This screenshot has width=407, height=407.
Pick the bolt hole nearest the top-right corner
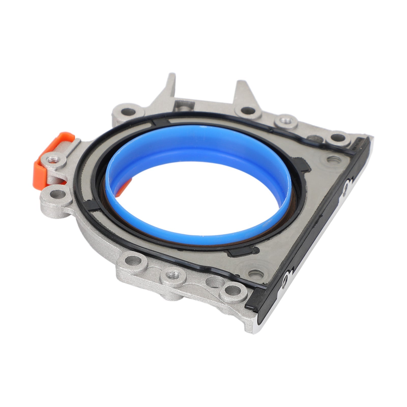click(338, 139)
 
